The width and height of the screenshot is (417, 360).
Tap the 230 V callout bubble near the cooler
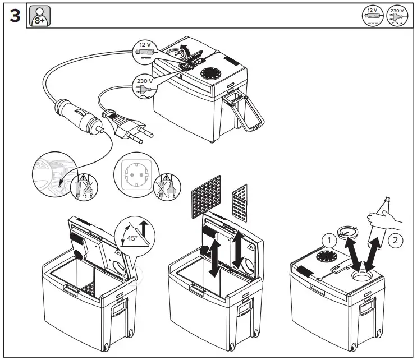(143, 85)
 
